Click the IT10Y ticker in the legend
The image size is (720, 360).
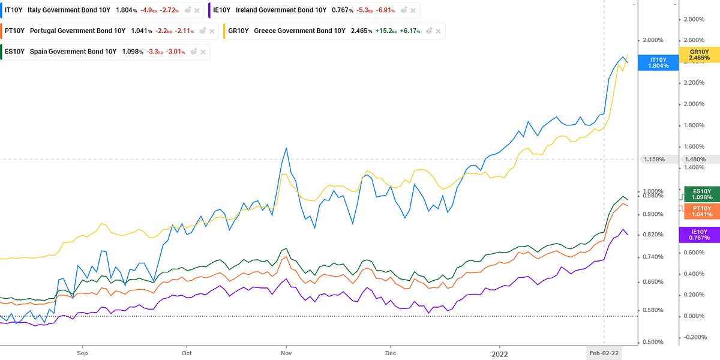[x=13, y=10]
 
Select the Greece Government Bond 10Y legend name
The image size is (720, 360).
[x=299, y=31]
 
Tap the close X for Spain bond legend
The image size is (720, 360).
[x=203, y=52]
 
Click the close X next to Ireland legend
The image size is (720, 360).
[x=413, y=11]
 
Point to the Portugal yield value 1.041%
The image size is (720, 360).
[x=142, y=31]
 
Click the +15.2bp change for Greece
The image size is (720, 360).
[x=386, y=31]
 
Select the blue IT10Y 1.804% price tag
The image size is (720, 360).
[x=658, y=62]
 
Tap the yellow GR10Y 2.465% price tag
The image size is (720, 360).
[x=700, y=55]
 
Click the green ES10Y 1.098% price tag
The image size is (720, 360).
[x=702, y=194]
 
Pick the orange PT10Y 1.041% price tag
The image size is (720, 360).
[x=702, y=211]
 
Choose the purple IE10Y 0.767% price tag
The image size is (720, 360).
[x=700, y=235]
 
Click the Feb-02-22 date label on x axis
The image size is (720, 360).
[x=604, y=353]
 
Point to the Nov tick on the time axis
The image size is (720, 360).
[x=286, y=353]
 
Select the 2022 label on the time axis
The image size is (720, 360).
[x=499, y=354]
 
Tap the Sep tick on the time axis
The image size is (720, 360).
[x=82, y=353]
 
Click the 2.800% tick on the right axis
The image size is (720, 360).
[x=694, y=19]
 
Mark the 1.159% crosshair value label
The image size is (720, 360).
[x=655, y=160]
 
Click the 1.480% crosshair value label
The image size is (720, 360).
[x=695, y=160]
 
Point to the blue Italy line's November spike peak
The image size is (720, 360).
[x=286, y=148]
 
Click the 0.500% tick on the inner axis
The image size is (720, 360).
[x=653, y=342]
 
